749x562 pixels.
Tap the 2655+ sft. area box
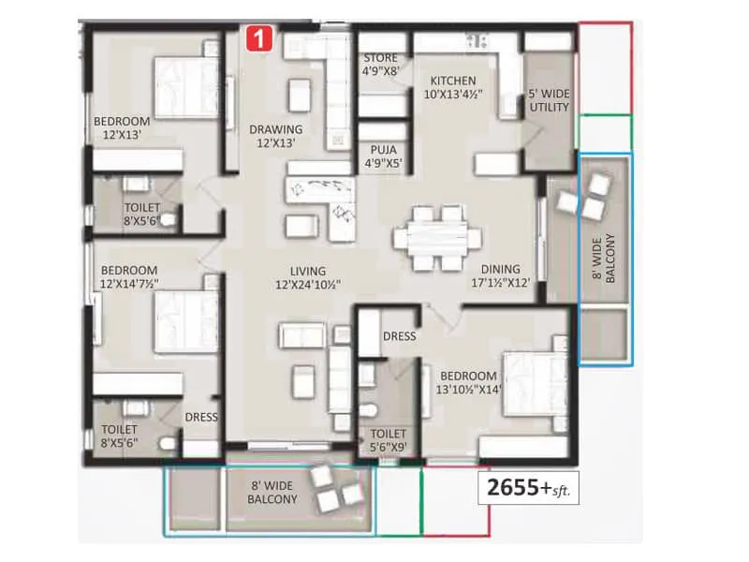tap(528, 486)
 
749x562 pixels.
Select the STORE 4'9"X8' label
tap(382, 64)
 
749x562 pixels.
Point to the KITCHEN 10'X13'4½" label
tap(452, 87)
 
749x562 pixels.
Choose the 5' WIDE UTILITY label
tap(549, 100)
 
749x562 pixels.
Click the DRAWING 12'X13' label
tap(275, 136)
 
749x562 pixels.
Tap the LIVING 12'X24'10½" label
tap(307, 276)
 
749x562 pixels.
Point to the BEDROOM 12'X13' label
tap(122, 127)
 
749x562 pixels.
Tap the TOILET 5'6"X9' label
tap(387, 440)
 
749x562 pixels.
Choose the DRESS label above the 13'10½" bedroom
tap(399, 336)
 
